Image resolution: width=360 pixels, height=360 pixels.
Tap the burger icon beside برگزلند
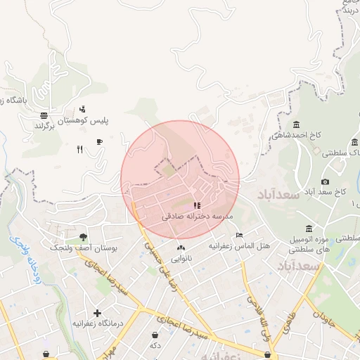tap(44, 115)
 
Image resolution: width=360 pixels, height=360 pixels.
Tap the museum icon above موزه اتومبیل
tap(309, 228)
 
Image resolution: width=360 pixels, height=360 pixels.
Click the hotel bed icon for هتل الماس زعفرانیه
tap(240, 236)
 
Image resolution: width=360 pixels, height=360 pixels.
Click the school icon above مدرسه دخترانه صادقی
tap(196, 206)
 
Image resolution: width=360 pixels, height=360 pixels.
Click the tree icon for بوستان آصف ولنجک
tap(84, 237)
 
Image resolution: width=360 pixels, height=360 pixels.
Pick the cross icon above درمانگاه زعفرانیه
tap(97, 312)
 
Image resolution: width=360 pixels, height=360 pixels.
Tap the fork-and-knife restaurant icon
tap(79, 149)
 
